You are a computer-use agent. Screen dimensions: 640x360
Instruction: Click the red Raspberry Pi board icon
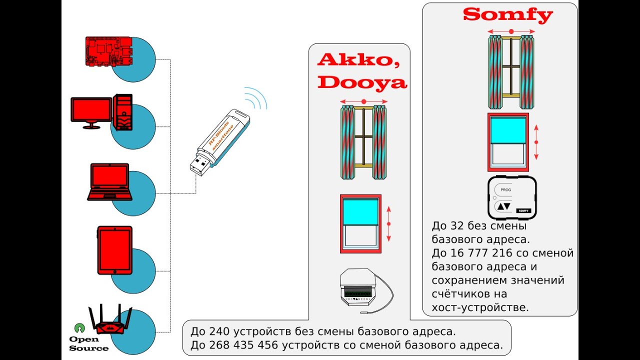coord(109,51)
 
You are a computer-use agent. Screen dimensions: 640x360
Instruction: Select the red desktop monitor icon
coord(91,110)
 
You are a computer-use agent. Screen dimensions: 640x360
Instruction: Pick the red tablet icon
coord(114,250)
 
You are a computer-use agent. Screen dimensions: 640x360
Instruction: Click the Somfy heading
coord(507,14)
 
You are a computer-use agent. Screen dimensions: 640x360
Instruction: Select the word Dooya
coord(362,82)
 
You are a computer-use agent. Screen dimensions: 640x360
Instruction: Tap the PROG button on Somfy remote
coord(505,190)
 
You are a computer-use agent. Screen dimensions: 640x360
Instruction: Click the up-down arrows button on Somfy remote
coord(504,206)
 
